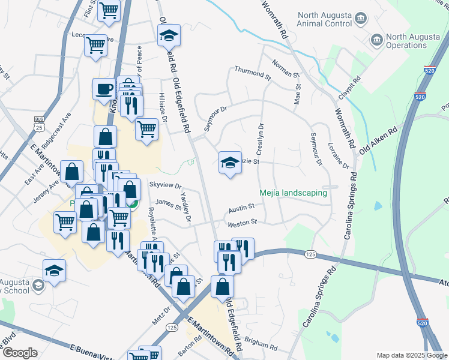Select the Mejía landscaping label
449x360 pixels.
pyautogui.click(x=293, y=193)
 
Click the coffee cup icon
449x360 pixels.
pyautogui.click(x=104, y=88)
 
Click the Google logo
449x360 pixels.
pyautogui.click(x=20, y=353)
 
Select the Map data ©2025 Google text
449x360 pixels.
pyautogui.click(x=411, y=355)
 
